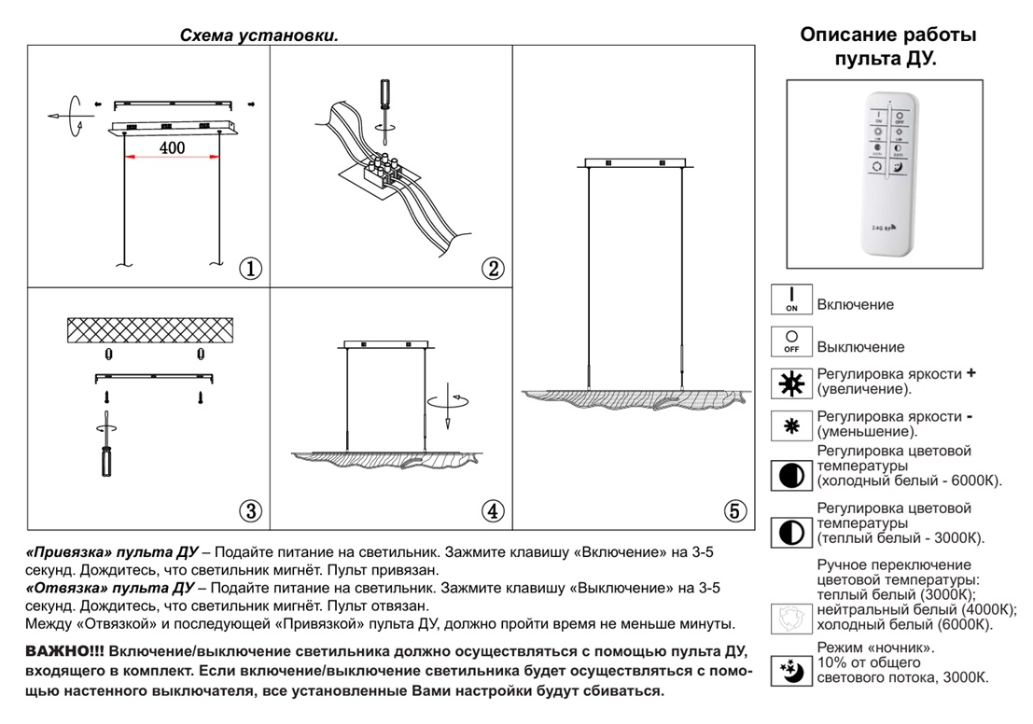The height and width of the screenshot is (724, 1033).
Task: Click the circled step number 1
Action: point(250,269)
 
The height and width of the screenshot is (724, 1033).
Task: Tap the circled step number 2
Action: point(493,269)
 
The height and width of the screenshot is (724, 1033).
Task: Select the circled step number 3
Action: point(250,510)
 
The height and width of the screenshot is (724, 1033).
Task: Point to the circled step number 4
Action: point(493,510)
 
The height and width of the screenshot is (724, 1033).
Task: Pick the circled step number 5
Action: point(735,510)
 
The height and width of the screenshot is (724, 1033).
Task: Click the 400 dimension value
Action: point(172,147)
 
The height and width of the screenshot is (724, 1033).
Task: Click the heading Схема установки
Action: point(258,35)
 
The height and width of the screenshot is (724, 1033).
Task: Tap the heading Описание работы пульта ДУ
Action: point(888,48)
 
